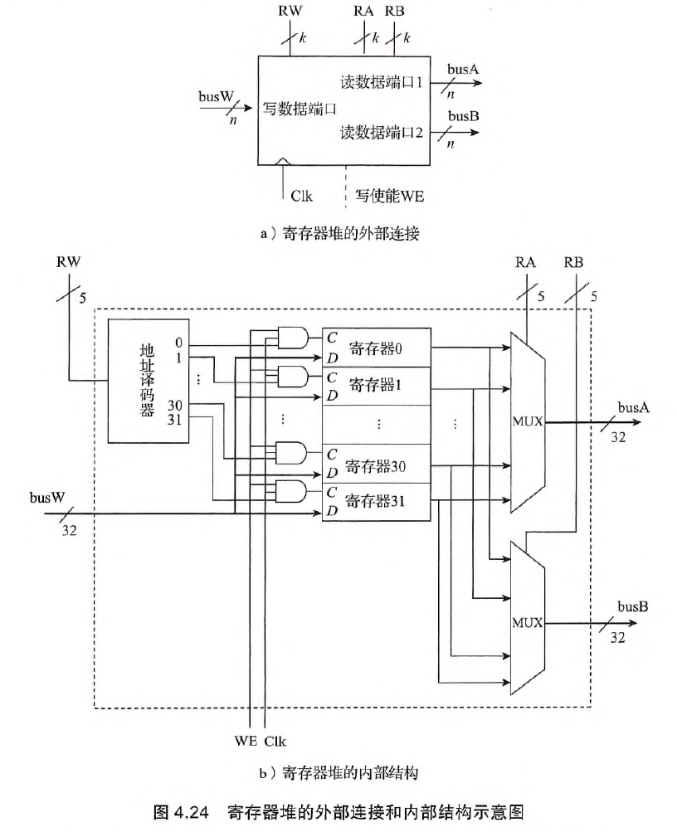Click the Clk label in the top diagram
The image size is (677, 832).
coord(300,197)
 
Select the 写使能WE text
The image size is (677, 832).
coord(390,197)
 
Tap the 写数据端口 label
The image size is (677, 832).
coord(300,108)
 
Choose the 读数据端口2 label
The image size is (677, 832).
coord(382,132)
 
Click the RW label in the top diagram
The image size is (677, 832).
coord(290,12)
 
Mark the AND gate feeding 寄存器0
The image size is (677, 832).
coord(290,337)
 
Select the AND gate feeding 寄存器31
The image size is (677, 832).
coord(290,491)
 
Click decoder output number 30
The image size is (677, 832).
coord(175,404)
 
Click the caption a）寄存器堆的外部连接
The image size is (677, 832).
coord(340,234)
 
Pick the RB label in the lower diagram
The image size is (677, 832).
coord(572,263)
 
